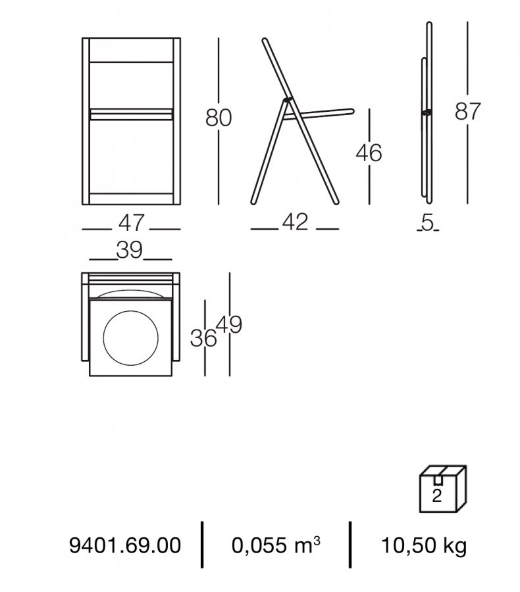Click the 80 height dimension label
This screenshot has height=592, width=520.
(x=219, y=118)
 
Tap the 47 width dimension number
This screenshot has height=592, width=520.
(x=131, y=222)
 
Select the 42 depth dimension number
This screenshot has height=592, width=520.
(x=295, y=222)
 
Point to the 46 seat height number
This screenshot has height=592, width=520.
(x=369, y=153)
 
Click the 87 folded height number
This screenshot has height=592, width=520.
(x=467, y=111)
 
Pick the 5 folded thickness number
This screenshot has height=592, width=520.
(x=427, y=223)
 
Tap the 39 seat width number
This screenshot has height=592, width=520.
(x=130, y=250)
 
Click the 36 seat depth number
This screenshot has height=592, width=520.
(x=203, y=338)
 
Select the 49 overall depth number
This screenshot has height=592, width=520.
(x=228, y=325)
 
